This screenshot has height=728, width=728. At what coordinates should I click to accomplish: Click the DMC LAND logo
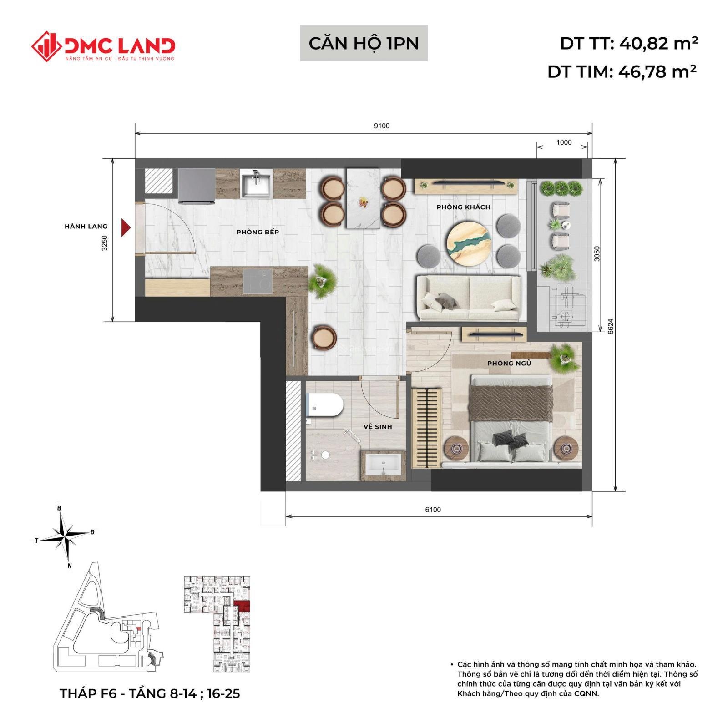103,46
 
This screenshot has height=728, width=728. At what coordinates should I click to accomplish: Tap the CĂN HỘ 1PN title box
364,43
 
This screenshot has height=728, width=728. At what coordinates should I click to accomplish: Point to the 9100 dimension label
382,126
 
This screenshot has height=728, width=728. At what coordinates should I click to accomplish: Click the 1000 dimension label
564,142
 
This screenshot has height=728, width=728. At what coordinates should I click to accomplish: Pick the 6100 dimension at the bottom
433,510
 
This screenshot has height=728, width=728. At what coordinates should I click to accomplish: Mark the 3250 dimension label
105,243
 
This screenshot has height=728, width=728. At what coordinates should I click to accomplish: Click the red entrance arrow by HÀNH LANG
126,227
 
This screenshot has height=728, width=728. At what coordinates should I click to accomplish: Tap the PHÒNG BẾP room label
258,232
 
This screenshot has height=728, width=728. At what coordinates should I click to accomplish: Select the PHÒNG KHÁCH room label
463,207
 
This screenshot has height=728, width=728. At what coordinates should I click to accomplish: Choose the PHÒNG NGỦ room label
509,363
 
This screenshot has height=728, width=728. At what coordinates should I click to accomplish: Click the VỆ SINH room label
378,427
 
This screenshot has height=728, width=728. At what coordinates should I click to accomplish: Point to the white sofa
469,298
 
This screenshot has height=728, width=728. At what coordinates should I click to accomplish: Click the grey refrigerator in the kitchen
196,187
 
